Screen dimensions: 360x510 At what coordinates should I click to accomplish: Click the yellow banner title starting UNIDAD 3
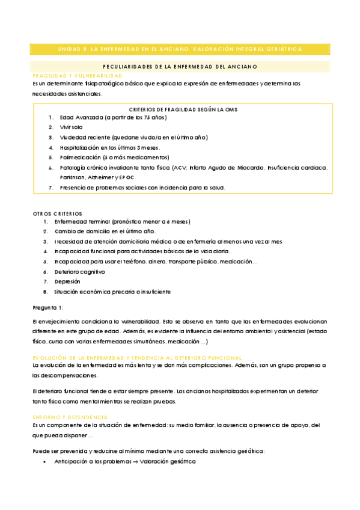pyautogui.click(x=180, y=49)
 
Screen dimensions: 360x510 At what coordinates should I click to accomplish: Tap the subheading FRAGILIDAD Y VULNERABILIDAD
pyautogui.click(x=78, y=76)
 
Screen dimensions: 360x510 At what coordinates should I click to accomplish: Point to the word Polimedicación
pyautogui.click(x=80, y=158)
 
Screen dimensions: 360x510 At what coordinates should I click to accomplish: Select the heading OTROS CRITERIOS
pyautogui.click(x=58, y=214)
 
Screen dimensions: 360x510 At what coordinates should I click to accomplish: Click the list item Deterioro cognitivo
pyautogui.click(x=79, y=271)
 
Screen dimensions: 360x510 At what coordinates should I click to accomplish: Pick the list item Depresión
pyautogui.click(x=67, y=281)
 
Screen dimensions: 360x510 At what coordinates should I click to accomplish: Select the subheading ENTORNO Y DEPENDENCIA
pyautogui.click(x=70, y=417)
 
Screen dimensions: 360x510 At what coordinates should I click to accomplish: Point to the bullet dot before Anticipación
pyautogui.click(x=46, y=461)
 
